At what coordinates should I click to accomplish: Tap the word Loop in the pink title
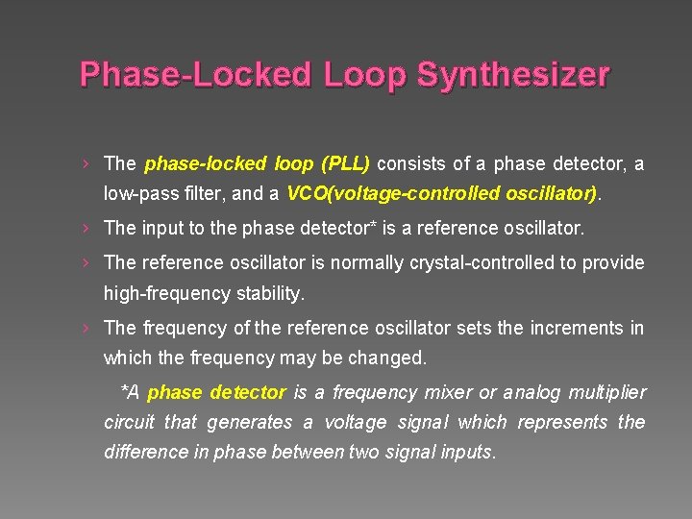[x=359, y=75]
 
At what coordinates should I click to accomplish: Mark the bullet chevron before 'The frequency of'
[x=86, y=328]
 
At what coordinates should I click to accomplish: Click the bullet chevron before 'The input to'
[x=86, y=229]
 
